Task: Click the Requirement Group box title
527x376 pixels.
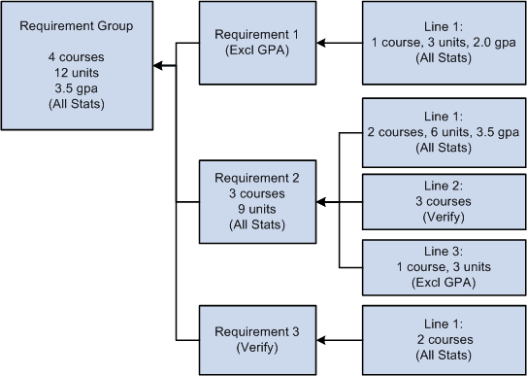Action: pyautogui.click(x=77, y=24)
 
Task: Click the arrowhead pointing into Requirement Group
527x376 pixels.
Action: pyautogui.click(x=157, y=67)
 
